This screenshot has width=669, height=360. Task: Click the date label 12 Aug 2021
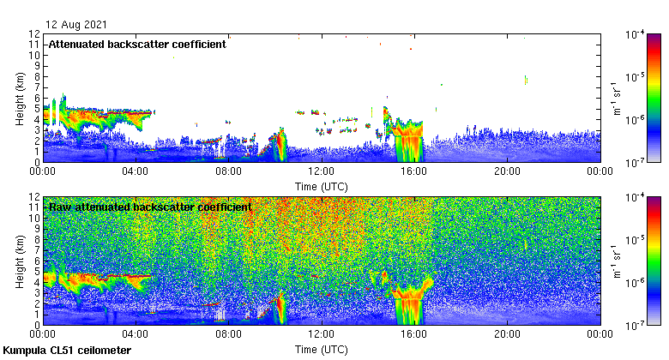(x=76, y=24)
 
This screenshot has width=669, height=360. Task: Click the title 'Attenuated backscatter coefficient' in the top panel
(x=137, y=44)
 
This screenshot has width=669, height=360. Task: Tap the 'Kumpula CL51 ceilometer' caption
(x=68, y=351)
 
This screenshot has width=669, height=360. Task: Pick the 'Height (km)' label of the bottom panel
(x=20, y=261)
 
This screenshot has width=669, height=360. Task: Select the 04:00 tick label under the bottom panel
(x=136, y=335)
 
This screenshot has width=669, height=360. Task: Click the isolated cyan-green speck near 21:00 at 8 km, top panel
(x=526, y=81)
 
